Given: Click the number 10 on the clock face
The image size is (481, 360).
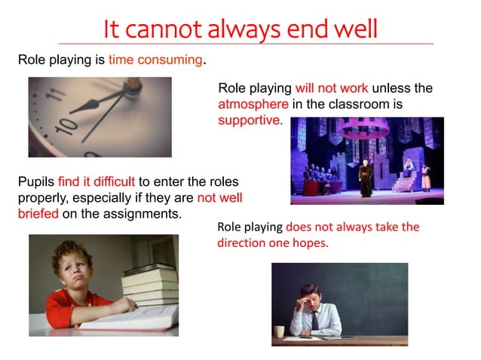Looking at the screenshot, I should [x=66, y=124].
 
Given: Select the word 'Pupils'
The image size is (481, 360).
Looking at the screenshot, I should [x=35, y=181].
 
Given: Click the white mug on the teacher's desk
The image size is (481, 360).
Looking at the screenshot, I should [x=280, y=331].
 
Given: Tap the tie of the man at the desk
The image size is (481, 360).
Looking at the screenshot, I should [x=315, y=320].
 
